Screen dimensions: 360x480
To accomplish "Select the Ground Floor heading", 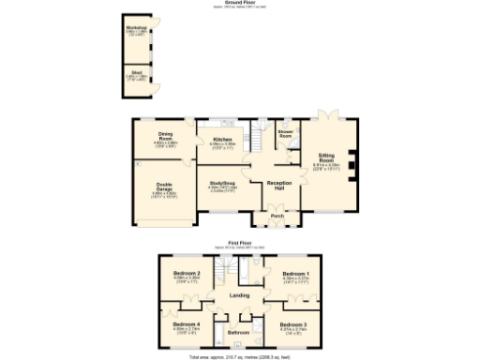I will tap(239, 3).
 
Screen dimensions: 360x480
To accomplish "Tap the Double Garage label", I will tap(165, 187).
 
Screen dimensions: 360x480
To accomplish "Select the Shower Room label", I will tap(287, 134).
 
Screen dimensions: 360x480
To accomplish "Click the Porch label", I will tap(277, 216).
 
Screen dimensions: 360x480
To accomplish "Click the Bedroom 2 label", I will tap(187, 274).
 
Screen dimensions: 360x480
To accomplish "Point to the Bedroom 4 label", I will tap(187, 324).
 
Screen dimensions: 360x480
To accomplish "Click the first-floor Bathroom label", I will tap(239, 332).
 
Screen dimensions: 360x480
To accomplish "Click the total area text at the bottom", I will tap(240, 356).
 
